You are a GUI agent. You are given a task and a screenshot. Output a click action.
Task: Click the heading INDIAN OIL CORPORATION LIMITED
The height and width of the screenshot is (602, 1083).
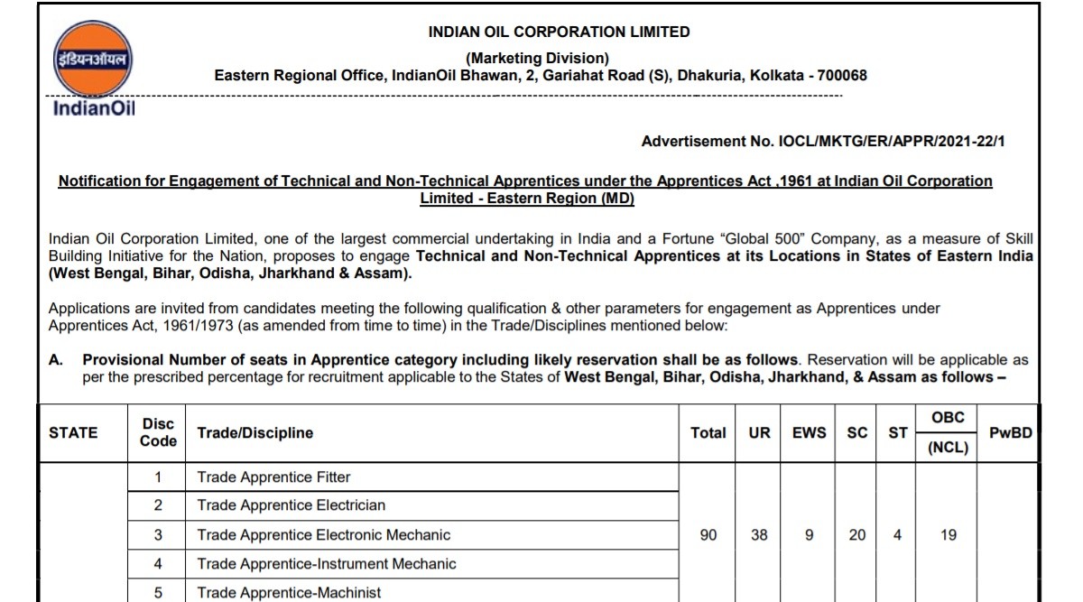click(x=560, y=32)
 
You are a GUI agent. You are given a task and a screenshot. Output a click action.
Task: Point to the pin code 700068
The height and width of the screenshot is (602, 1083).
click(x=838, y=76)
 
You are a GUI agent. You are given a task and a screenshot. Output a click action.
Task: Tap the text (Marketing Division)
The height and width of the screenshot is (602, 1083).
click(x=537, y=59)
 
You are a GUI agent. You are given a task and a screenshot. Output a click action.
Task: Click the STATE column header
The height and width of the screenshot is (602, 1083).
click(x=73, y=432)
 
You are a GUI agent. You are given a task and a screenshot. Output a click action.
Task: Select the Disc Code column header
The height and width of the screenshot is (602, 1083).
click(x=158, y=432)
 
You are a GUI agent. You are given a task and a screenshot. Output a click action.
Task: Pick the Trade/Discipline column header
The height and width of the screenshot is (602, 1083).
click(x=255, y=432)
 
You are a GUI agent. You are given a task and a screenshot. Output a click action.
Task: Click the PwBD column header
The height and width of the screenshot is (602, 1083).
click(x=1010, y=432)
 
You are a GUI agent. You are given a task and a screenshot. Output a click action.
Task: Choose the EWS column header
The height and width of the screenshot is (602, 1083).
click(x=809, y=432)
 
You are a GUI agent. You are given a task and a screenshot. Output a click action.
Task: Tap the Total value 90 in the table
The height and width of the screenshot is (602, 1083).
click(x=708, y=535)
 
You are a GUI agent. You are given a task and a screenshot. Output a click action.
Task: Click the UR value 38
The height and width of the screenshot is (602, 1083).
click(x=760, y=535)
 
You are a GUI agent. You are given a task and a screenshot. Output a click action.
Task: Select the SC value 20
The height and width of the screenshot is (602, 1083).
click(x=857, y=535)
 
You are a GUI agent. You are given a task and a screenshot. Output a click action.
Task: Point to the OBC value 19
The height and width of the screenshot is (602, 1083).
click(x=948, y=535)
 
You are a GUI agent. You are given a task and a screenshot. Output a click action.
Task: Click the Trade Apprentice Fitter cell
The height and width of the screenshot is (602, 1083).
click(x=273, y=477)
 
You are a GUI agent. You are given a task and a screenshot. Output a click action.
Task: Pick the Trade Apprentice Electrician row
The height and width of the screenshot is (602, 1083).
click(x=291, y=505)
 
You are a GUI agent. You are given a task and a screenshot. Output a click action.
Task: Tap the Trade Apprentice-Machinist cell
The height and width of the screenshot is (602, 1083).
click(x=289, y=593)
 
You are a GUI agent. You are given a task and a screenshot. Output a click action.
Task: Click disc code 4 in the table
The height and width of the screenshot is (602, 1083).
click(x=158, y=564)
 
